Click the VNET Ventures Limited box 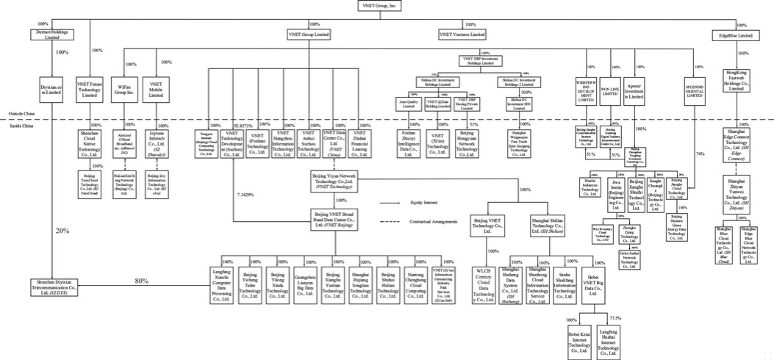(x=462, y=35)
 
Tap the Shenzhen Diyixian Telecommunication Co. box (x=54, y=286)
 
